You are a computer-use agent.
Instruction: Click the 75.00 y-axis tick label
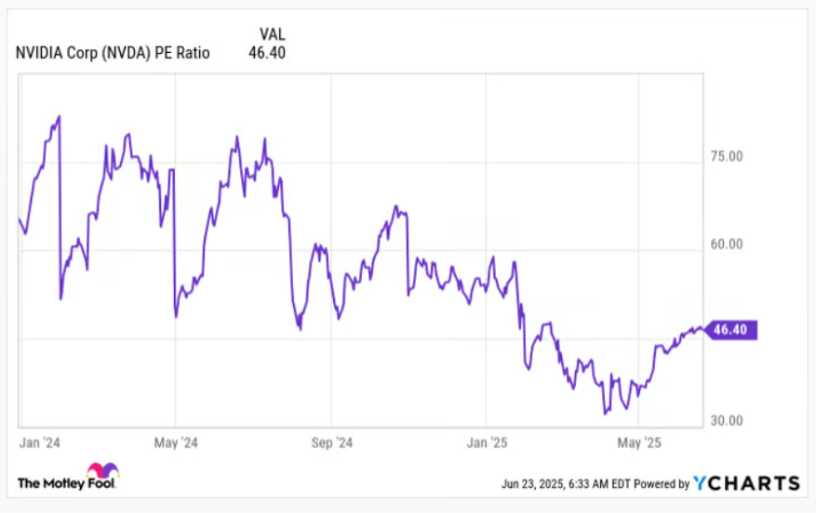pos(727,156)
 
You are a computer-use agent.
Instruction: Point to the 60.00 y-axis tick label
pos(727,245)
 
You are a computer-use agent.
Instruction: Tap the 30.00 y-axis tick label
pos(727,420)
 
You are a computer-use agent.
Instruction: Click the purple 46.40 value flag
pos(732,329)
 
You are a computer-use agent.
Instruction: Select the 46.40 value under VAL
pos(267,53)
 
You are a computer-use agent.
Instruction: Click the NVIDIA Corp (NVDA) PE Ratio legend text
pos(113,53)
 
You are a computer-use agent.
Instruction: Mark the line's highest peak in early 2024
pos(59,117)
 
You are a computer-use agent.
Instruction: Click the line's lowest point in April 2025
pos(605,412)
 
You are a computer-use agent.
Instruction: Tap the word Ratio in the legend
pos(192,53)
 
